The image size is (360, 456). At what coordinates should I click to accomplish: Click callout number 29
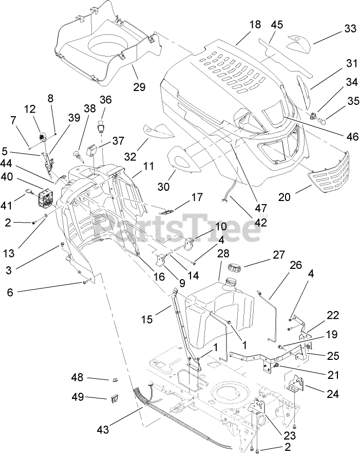(139, 87)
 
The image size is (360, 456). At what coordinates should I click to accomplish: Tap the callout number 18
(255, 24)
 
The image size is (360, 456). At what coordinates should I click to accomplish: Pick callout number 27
(278, 255)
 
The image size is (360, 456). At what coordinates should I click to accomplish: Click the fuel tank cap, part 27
(234, 268)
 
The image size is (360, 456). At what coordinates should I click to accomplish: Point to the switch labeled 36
(104, 124)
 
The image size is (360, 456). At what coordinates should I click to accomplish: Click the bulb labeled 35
(323, 122)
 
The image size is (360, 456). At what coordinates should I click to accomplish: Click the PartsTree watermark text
(180, 226)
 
